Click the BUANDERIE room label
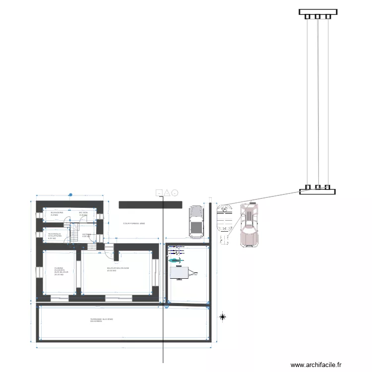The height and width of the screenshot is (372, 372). click(x=57, y=213)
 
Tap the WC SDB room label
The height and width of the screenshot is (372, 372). click(x=83, y=213)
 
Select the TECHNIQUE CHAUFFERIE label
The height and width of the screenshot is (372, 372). click(x=54, y=236)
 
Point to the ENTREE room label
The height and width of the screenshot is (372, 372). click(x=86, y=235)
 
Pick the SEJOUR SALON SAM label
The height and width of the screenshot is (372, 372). click(x=118, y=269)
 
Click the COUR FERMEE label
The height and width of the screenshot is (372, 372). click(x=134, y=224)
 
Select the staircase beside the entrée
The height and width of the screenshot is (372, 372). click(x=75, y=232)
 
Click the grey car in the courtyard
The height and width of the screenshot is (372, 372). click(x=196, y=221)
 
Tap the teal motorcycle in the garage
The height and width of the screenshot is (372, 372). click(x=175, y=260)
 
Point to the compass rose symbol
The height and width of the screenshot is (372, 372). click(x=223, y=316)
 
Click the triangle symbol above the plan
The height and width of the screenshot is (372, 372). click(x=167, y=192)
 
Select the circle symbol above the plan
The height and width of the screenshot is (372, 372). click(x=175, y=192)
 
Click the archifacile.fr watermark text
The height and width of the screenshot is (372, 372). click(x=316, y=365)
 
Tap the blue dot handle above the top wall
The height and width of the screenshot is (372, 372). click(x=70, y=195)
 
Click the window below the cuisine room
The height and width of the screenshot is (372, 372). click(x=60, y=298)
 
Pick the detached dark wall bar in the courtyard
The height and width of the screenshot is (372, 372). click(x=150, y=204)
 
